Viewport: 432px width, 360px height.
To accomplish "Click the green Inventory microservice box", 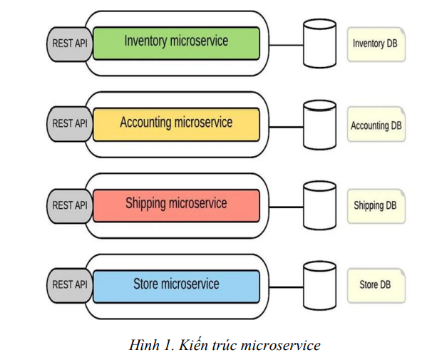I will coord(176,41).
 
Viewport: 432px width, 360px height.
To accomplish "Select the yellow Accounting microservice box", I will coord(176,123).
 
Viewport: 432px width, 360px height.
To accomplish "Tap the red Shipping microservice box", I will coord(176,204).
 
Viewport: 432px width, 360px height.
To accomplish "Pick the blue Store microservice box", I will coord(176,284).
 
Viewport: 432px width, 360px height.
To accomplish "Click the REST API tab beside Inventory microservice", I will coord(69,43).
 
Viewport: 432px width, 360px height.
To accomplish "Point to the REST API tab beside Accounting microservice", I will coord(69,123).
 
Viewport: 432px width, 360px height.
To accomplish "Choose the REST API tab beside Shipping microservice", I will coord(69,205).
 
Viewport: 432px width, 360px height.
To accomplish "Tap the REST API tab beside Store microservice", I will coord(69,284).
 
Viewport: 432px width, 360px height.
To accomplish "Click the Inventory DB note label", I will coord(376,44).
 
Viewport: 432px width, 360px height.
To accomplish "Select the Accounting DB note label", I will coord(376,125).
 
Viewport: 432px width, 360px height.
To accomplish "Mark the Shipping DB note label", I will coord(375,205).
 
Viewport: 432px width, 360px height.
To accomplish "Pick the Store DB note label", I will coord(375,285).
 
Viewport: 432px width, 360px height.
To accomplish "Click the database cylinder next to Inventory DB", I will coord(319,44).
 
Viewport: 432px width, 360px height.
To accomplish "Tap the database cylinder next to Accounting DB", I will coord(319,125).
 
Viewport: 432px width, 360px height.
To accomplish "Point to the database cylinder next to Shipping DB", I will coord(319,205).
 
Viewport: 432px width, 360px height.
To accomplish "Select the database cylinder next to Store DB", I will coord(319,285).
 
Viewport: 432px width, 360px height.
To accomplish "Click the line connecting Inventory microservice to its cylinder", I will coord(286,44).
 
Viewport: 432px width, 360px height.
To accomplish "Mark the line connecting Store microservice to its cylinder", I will coord(286,285).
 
